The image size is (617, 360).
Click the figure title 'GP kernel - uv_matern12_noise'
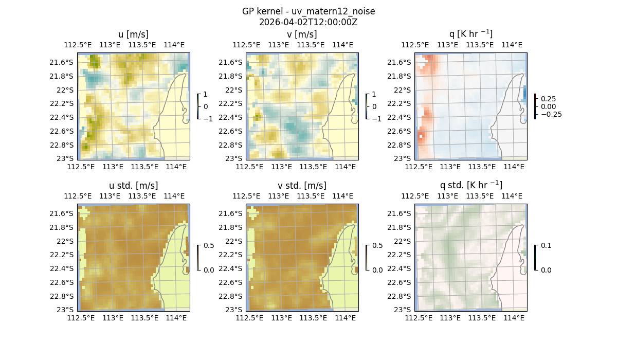(x=308, y=11)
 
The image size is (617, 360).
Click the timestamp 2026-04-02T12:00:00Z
(x=308, y=22)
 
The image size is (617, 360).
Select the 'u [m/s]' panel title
(x=134, y=34)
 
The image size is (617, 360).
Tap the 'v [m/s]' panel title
(x=302, y=34)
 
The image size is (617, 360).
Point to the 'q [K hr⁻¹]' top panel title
(x=470, y=34)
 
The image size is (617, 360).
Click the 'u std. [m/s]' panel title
(x=134, y=186)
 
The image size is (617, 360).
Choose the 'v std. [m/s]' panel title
(x=302, y=186)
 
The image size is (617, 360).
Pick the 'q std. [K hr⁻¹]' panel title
(x=470, y=185)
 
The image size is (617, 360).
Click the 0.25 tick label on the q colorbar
(x=549, y=99)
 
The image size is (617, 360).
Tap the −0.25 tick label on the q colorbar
(x=551, y=114)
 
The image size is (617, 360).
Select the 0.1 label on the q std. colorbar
(x=545, y=246)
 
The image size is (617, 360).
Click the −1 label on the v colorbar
(x=376, y=118)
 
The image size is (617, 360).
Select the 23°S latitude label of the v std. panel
(x=234, y=310)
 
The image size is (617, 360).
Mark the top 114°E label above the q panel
(x=512, y=45)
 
